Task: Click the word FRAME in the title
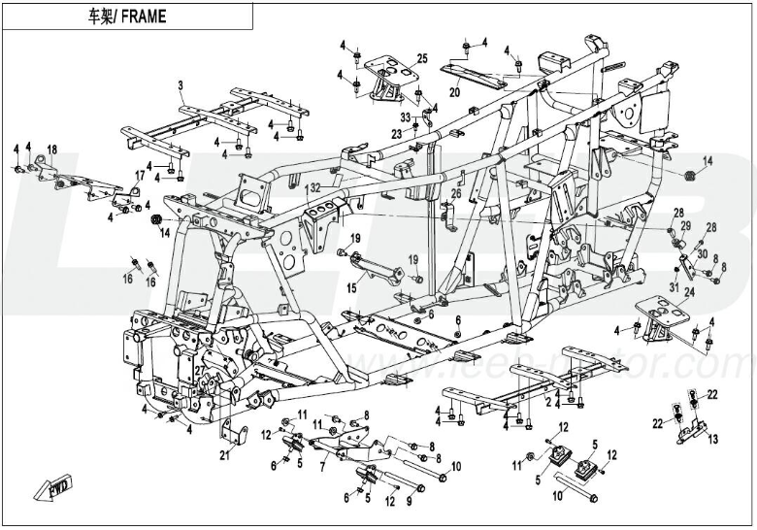tap(146, 17)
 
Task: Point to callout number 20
tap(454, 94)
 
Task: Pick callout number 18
tap(52, 149)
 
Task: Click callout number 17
tap(140, 175)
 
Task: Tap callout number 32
tap(313, 186)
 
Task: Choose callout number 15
tap(352, 287)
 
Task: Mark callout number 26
tap(453, 193)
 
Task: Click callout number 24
tap(690, 292)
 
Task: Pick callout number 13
tap(713, 440)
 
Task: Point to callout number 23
tap(397, 133)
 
